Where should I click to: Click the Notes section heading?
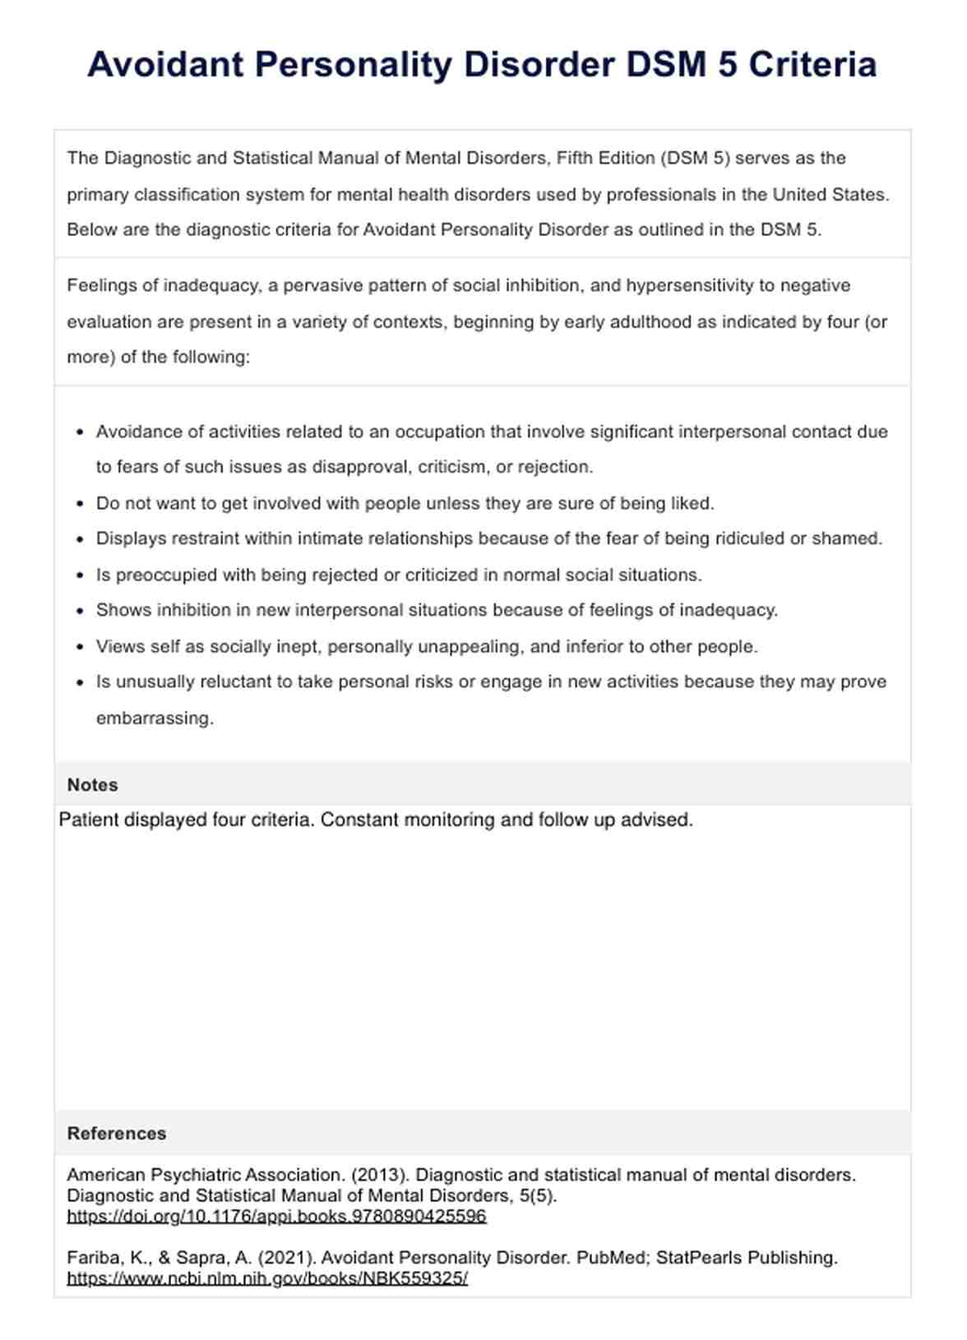tap(92, 785)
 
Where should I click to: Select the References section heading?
tap(117, 1134)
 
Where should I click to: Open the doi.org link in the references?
tap(276, 1217)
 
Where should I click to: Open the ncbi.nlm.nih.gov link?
tap(267, 1279)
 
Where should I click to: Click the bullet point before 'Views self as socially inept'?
tap(80, 647)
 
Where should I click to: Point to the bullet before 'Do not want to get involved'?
tap(80, 504)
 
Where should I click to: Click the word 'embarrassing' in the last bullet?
tap(155, 719)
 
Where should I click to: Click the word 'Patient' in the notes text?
tap(88, 820)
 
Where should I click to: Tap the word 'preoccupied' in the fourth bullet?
tap(167, 575)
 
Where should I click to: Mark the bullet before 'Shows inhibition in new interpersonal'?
tap(80, 611)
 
